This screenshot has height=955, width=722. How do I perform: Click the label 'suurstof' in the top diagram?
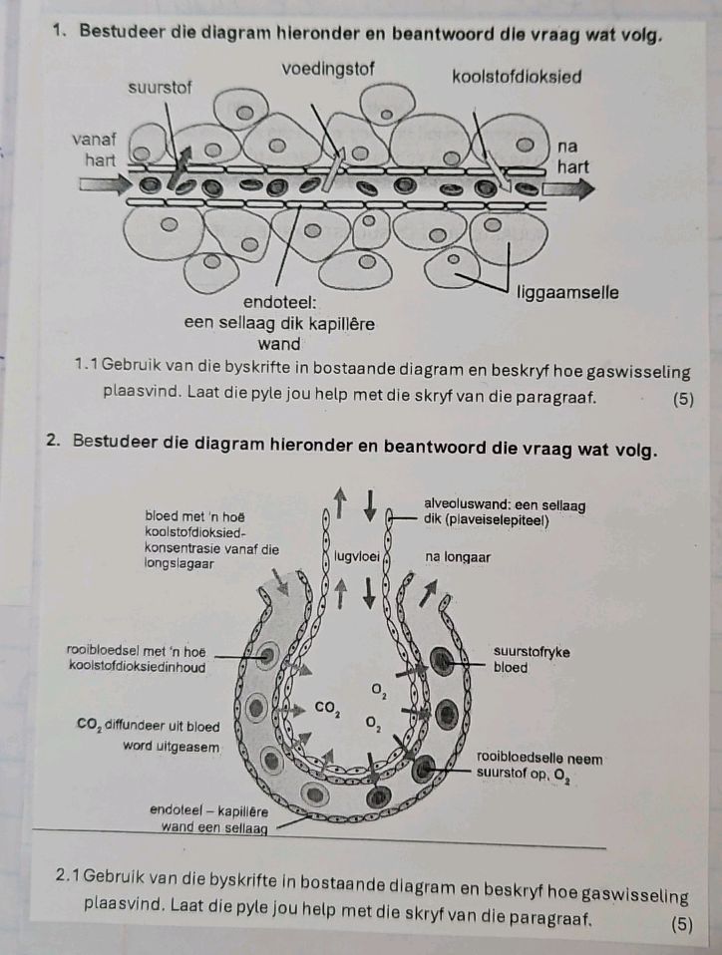point(161,88)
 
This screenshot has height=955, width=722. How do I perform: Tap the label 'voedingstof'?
point(329,69)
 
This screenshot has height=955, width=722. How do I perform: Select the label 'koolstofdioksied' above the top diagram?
point(517,77)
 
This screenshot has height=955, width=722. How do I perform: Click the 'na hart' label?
point(573,156)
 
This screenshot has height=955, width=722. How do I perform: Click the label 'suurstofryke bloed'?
point(532,659)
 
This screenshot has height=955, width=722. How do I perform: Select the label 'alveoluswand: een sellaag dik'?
point(504,511)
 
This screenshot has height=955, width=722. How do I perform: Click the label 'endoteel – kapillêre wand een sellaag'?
point(204,817)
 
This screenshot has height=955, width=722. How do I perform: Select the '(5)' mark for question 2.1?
point(682,923)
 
